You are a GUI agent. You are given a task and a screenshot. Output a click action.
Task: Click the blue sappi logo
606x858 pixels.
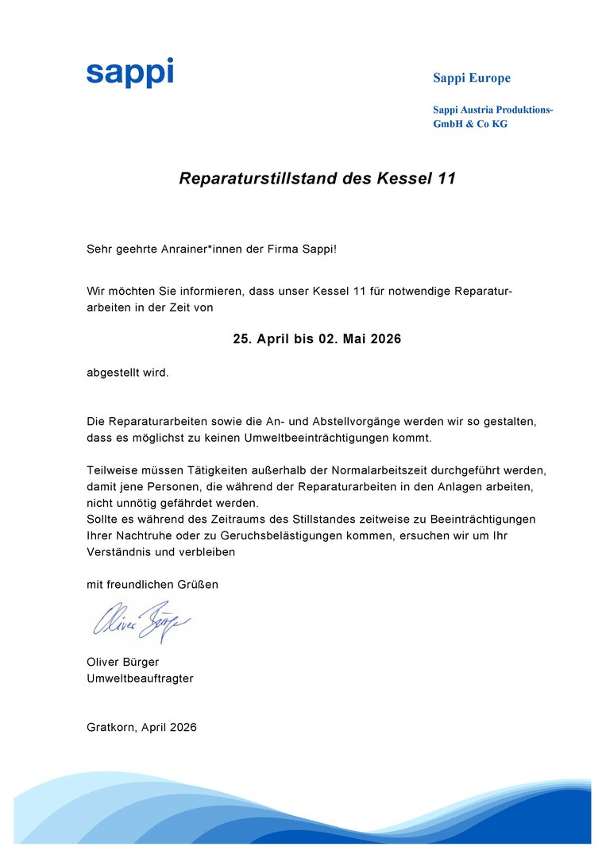click(129, 73)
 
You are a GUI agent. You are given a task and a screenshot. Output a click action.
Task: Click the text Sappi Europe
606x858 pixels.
click(472, 78)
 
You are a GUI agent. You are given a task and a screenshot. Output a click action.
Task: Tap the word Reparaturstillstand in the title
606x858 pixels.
click(261, 179)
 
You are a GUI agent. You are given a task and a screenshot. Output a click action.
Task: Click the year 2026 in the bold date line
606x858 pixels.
click(384, 339)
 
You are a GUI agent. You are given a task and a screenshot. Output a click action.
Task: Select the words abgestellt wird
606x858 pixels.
click(128, 373)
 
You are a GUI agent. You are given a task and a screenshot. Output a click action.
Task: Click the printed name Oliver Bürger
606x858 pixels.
click(123, 662)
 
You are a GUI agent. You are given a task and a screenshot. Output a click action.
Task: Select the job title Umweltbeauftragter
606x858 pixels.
click(140, 678)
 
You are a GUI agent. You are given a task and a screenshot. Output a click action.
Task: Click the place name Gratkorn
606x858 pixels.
click(110, 727)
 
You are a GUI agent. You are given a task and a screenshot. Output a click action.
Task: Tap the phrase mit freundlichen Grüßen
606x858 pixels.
click(152, 585)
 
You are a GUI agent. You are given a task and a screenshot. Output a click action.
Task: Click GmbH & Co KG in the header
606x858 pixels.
click(470, 124)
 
